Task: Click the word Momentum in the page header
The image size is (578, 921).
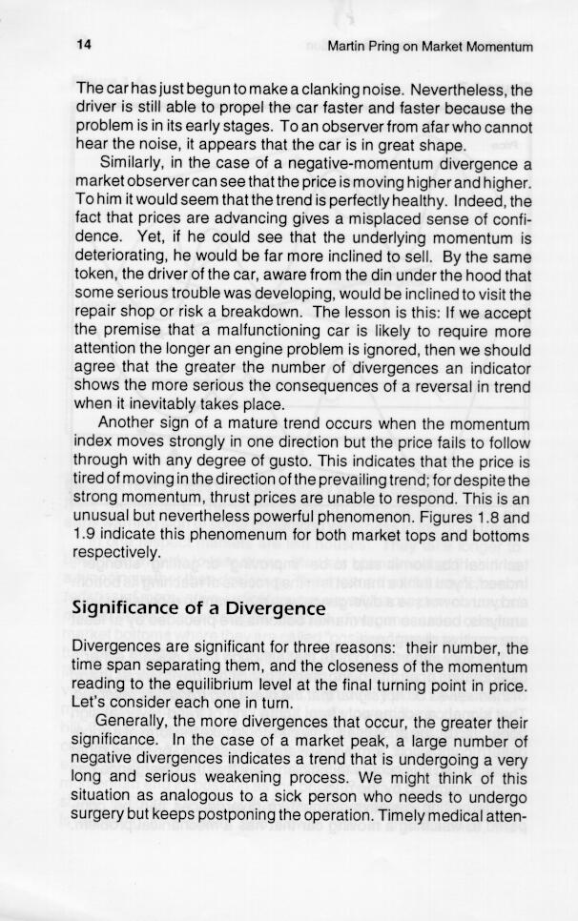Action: pyautogui.click(x=497, y=47)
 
